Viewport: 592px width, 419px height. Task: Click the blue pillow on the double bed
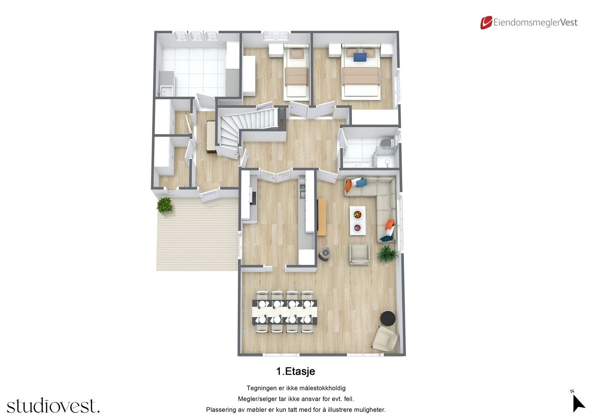(x=360, y=57)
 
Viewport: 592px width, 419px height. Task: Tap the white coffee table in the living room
(x=357, y=221)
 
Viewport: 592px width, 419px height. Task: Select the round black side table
(x=388, y=318)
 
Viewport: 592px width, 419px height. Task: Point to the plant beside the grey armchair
(x=387, y=254)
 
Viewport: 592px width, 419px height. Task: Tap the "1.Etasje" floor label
(x=296, y=371)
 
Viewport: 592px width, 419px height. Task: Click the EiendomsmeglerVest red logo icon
(x=486, y=23)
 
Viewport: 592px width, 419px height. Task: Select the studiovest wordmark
(x=53, y=406)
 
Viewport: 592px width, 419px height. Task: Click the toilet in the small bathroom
(x=386, y=142)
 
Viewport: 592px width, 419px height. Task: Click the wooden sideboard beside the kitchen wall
(x=321, y=217)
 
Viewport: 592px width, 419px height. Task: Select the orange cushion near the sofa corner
(x=348, y=186)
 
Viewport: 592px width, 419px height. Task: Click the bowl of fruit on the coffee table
(x=357, y=214)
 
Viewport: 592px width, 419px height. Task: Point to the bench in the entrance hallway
(x=211, y=136)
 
